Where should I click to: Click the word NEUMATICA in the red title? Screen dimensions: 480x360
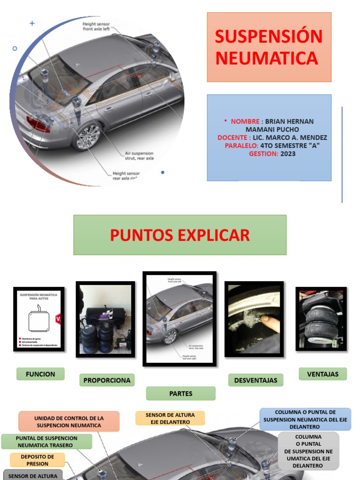click(266, 58)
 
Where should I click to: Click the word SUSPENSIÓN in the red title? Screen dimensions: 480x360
click(269, 37)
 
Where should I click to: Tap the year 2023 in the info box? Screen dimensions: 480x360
click(288, 153)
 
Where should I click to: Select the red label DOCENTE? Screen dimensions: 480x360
click(234, 137)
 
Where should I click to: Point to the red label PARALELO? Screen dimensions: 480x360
click(241, 145)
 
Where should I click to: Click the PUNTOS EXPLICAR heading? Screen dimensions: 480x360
click(180, 235)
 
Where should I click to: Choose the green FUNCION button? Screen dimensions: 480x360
click(40, 374)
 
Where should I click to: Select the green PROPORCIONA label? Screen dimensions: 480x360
click(107, 380)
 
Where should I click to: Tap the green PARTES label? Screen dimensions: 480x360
click(180, 393)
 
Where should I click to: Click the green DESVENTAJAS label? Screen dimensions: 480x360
click(255, 380)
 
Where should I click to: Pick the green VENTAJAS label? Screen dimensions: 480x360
click(322, 374)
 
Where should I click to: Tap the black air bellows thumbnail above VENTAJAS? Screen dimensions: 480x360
click(321, 319)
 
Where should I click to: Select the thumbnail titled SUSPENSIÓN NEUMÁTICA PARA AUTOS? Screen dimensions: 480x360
click(38, 319)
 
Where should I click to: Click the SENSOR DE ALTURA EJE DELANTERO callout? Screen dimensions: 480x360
click(170, 418)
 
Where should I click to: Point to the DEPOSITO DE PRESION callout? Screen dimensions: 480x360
click(37, 460)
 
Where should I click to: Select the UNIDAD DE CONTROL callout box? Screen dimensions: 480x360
click(69, 421)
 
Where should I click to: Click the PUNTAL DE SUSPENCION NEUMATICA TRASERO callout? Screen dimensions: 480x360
click(46, 442)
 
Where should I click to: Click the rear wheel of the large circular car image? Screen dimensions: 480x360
click(88, 136)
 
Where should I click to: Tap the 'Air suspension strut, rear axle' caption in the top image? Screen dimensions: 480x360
click(139, 156)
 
